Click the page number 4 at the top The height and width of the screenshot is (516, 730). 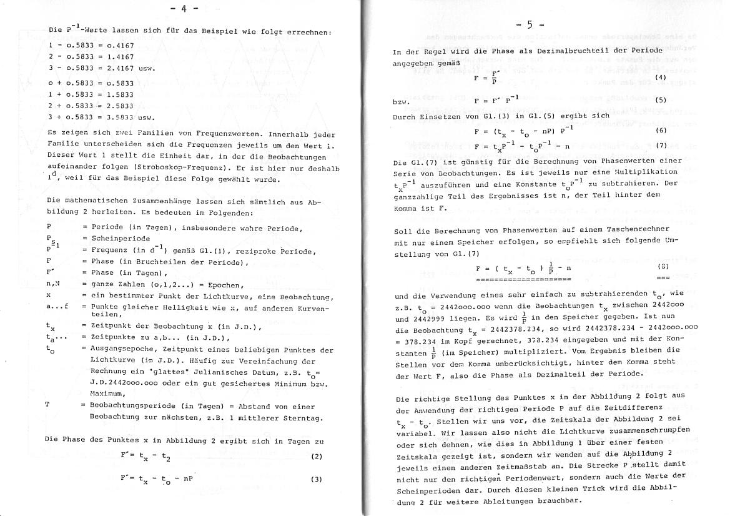(188, 8)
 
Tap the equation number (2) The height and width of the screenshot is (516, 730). (317, 457)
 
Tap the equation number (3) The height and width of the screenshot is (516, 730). (317, 480)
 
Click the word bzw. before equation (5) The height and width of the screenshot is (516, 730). (402, 100)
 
